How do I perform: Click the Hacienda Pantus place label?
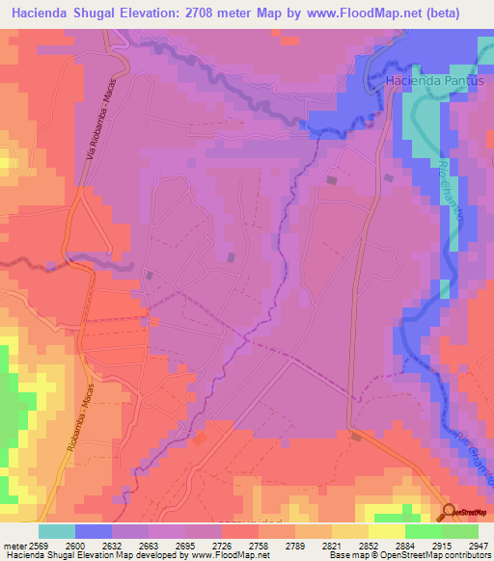pyautogui.click(x=433, y=81)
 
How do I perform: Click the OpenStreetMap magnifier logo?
pyautogui.click(x=449, y=512)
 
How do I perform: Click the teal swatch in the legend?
pyautogui.click(x=57, y=530)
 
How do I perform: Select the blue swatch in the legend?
pyautogui.click(x=94, y=530)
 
